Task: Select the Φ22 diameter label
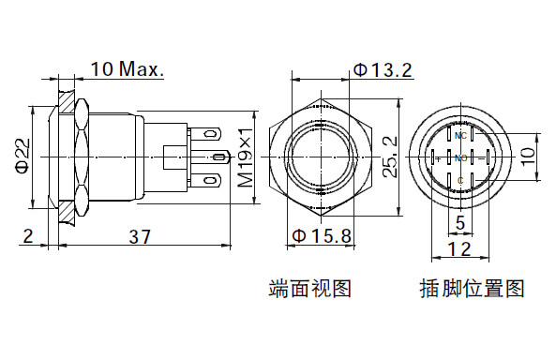click(23, 156)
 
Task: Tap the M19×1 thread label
click(246, 157)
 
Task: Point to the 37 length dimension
click(140, 236)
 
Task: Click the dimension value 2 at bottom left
click(28, 236)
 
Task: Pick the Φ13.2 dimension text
click(383, 70)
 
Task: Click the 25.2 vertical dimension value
click(390, 157)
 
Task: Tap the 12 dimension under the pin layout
click(460, 248)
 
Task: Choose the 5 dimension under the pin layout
click(460, 223)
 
